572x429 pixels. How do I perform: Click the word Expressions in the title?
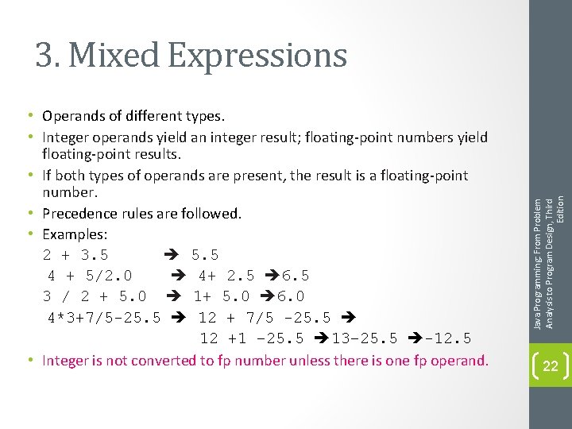point(258,56)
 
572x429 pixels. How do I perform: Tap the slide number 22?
point(550,365)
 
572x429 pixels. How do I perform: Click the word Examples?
point(75,234)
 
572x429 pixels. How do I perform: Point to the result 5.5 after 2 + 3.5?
point(205,255)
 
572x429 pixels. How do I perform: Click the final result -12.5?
point(449,338)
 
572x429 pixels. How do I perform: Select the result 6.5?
point(295,276)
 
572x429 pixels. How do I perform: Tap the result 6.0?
point(290,296)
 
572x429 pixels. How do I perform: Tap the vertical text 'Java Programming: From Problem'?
point(538,262)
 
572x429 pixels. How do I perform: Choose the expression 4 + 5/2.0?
point(90,276)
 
